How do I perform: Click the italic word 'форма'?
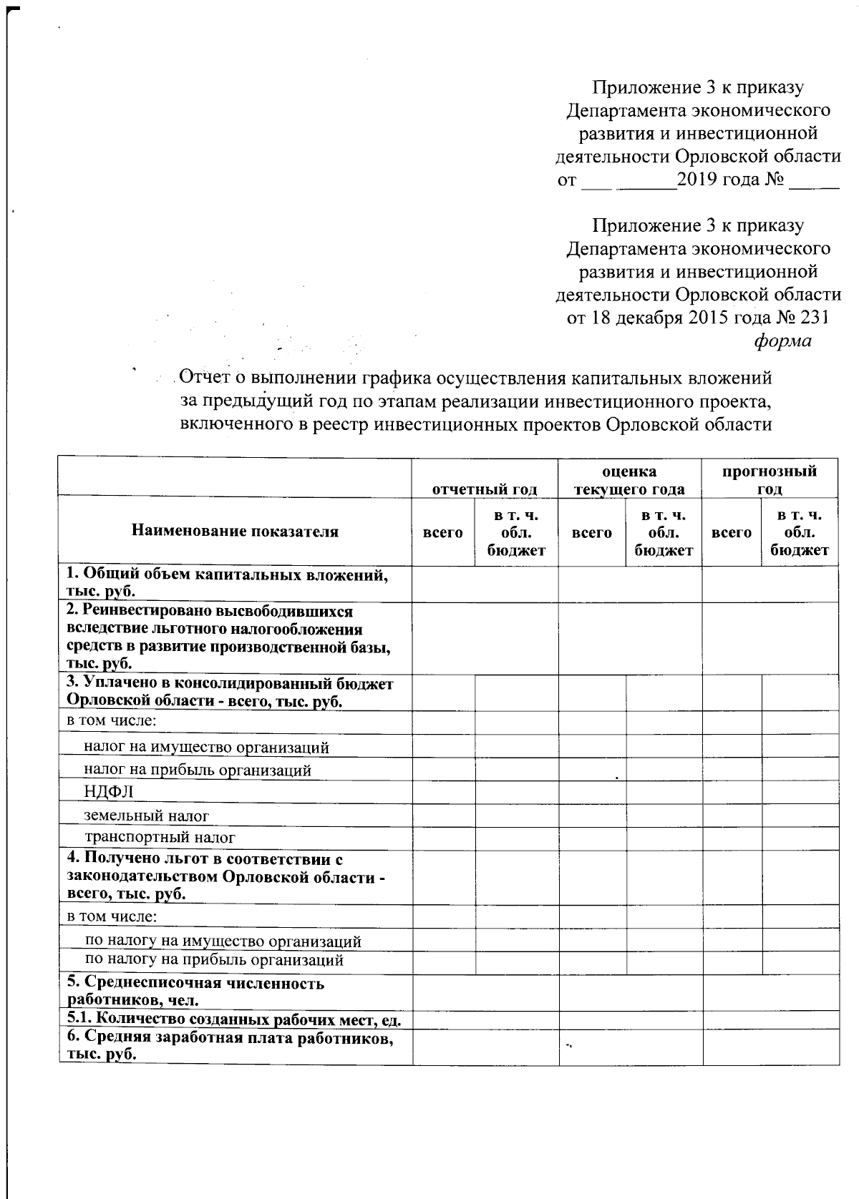coord(782,341)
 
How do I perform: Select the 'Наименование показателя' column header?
coord(235,531)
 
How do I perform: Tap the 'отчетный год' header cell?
coord(484,489)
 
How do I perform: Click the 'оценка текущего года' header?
coord(629,480)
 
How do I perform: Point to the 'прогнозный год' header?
coord(769,480)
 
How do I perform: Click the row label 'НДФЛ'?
coord(108,791)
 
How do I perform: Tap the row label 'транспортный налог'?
coord(160,837)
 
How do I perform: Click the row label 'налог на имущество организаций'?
coord(206,748)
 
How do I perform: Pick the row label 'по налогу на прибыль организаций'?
coord(214,960)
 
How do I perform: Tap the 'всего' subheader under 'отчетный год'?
coord(442,532)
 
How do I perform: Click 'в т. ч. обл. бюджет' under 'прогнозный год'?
coord(799,532)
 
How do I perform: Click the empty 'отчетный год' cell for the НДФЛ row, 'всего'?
coord(442,791)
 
